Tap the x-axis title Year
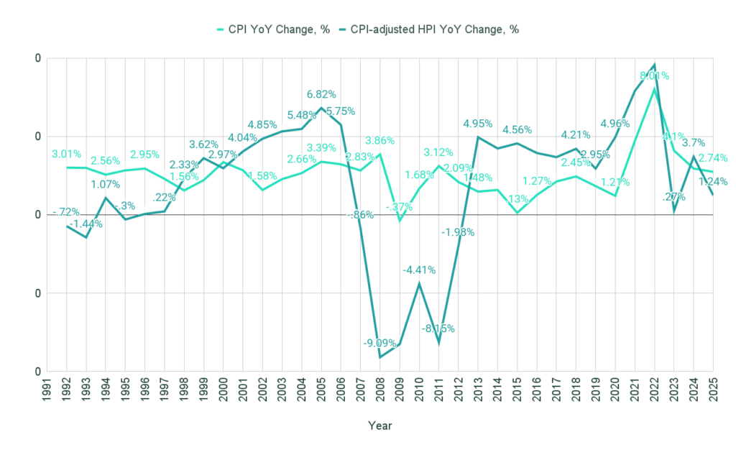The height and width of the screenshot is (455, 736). (x=379, y=426)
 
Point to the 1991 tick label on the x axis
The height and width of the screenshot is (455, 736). (x=47, y=392)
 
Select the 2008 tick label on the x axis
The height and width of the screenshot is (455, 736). (x=379, y=392)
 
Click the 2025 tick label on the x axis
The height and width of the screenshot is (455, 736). (x=713, y=392)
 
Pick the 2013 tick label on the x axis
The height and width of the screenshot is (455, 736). (x=477, y=392)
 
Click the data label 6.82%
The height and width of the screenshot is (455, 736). (x=321, y=94)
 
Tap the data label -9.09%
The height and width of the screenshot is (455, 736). (x=377, y=343)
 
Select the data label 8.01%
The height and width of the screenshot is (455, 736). (x=654, y=75)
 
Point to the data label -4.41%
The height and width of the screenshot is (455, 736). (x=418, y=270)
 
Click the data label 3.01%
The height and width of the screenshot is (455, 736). (x=66, y=154)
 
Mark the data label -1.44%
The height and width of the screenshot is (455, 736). (x=86, y=224)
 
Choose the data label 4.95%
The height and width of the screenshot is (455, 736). (x=478, y=123)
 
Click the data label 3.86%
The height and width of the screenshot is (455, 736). (x=380, y=141)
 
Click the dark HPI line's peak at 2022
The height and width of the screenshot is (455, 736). (x=654, y=65)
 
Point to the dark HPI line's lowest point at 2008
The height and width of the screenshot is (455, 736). (x=379, y=357)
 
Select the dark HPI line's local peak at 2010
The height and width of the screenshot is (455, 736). (x=419, y=284)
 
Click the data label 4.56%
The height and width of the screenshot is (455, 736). (x=517, y=130)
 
